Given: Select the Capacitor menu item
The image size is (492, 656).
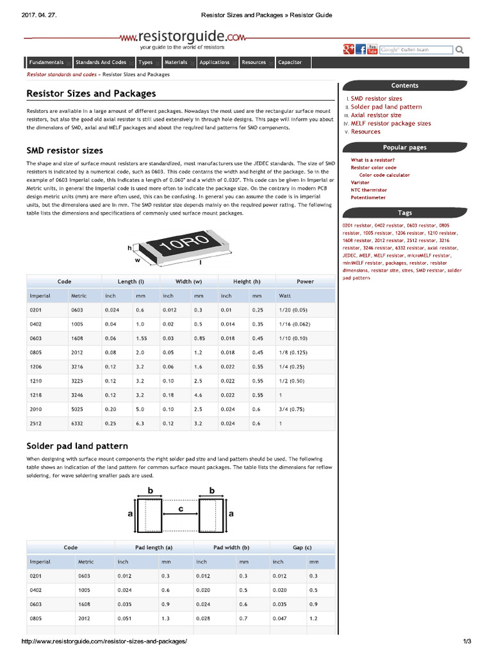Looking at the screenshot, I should [290, 63].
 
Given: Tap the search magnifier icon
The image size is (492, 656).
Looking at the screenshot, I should [460, 50].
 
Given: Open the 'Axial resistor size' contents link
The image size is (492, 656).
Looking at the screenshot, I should [376, 115].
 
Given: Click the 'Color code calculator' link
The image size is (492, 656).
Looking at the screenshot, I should [384, 175].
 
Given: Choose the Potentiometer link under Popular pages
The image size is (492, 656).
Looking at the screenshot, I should [368, 197].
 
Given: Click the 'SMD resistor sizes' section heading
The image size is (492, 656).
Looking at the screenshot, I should [65, 151].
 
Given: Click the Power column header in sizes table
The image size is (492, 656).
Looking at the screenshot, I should [305, 281].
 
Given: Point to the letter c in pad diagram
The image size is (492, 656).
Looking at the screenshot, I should [181, 508].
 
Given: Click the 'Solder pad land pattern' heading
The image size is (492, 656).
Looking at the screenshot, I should [77, 446].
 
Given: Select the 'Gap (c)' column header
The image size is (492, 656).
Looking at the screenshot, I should [302, 548].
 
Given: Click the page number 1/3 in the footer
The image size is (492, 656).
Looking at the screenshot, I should [467, 641].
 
